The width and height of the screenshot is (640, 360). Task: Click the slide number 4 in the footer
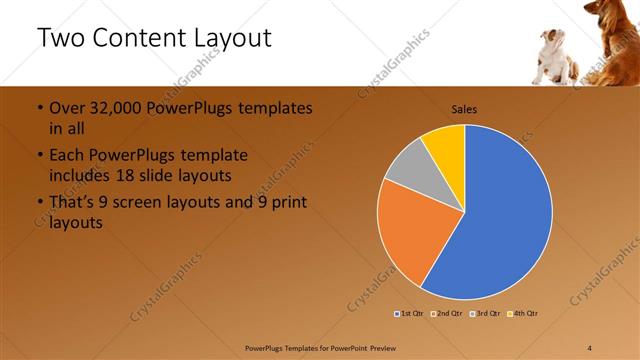590,347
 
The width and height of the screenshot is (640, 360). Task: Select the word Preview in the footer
390,347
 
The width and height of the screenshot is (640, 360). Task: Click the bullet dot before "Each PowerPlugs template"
39,156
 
